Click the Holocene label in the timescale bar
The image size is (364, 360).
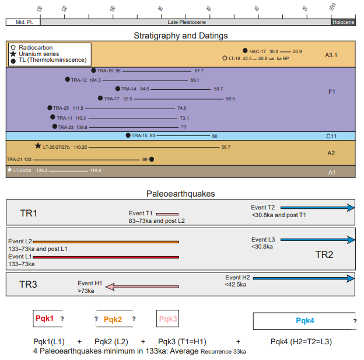[342, 22]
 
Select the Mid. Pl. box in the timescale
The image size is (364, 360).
[22, 22]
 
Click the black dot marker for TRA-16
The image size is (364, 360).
[93, 70]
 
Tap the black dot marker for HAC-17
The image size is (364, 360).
[245, 51]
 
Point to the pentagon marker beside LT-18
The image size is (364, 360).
[225, 58]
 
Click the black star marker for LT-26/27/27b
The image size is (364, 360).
[38, 146]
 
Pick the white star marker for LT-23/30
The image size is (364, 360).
[9, 170]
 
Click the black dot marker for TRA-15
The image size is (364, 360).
[128, 135]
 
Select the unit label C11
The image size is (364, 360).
[331, 136]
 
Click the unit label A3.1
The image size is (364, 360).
[331, 55]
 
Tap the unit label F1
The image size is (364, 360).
[331, 92]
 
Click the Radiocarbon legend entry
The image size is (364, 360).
[35, 47]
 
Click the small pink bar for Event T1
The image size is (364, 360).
[167, 214]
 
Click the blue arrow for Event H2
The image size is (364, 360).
[303, 278]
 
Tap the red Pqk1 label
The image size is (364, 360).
[45, 319]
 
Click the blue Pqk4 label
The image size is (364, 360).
[304, 321]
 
